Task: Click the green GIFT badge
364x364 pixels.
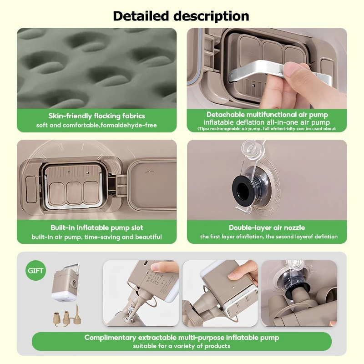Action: pos(35,270)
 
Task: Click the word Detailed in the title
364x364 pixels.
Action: pos(141,16)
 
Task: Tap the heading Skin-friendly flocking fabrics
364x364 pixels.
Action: pos(96,116)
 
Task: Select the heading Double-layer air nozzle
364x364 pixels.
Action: pos(267,227)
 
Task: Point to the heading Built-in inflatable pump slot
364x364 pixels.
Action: pos(97,227)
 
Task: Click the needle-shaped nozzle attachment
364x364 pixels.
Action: pos(77,315)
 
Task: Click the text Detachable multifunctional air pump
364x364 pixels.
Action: pos(267,115)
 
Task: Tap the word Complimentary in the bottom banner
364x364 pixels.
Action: pos(110,338)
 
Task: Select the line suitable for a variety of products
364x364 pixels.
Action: pos(182,346)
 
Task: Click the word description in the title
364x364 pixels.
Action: pos(211,16)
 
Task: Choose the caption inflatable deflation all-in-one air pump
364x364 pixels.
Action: pos(267,122)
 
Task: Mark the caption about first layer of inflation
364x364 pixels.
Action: pos(269,237)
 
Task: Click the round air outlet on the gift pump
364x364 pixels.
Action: pos(75,283)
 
